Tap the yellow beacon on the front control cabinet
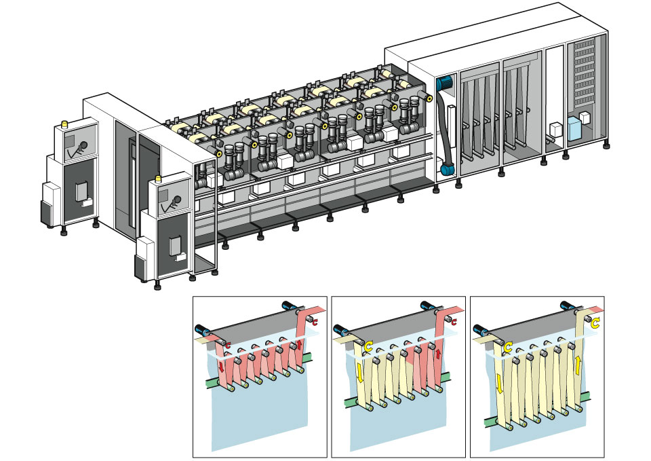[159, 181]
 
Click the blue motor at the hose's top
[444, 82]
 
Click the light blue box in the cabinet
[578, 128]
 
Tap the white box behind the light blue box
[556, 130]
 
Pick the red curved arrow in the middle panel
[453, 322]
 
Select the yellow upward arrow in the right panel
[577, 365]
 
